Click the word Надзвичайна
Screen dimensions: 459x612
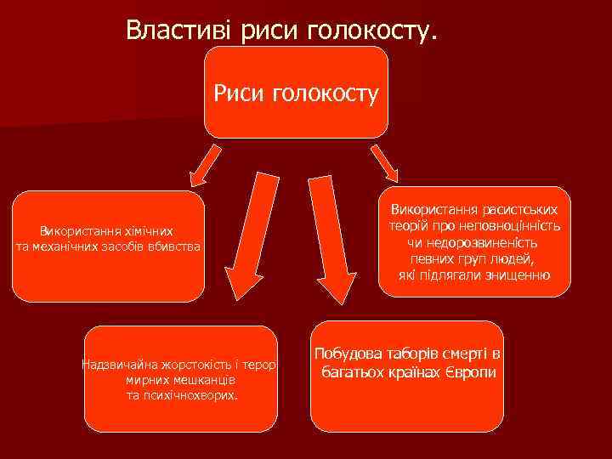pyautogui.click(x=117, y=365)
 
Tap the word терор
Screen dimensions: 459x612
pyautogui.click(x=273, y=365)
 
